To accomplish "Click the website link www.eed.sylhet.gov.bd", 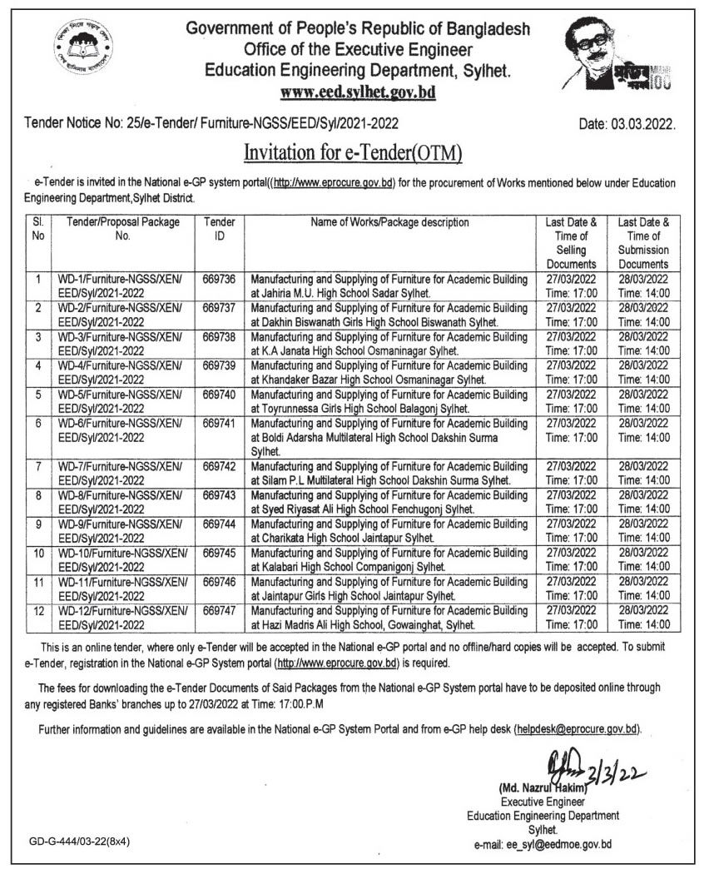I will (358, 92).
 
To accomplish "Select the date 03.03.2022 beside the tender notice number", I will (627, 125).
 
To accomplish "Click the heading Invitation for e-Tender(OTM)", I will (353, 153).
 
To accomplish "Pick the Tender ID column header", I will (219, 229).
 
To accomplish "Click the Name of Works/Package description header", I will (389, 222).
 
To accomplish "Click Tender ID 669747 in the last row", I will (219, 611).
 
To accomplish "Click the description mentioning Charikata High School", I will (389, 530).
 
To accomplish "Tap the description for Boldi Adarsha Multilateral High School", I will (389, 437).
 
